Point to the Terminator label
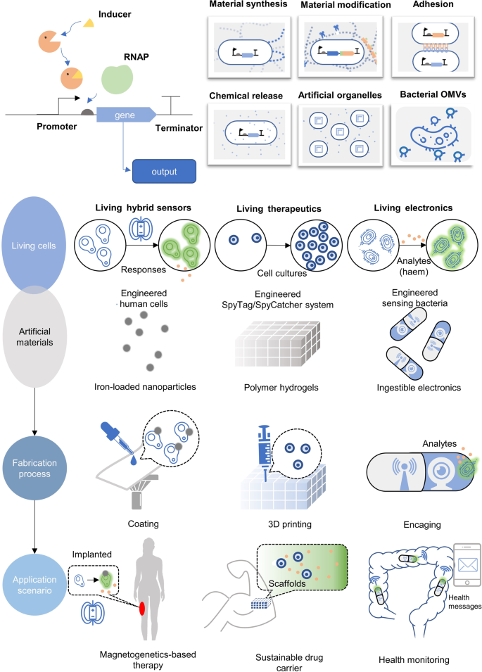click(x=179, y=129)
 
